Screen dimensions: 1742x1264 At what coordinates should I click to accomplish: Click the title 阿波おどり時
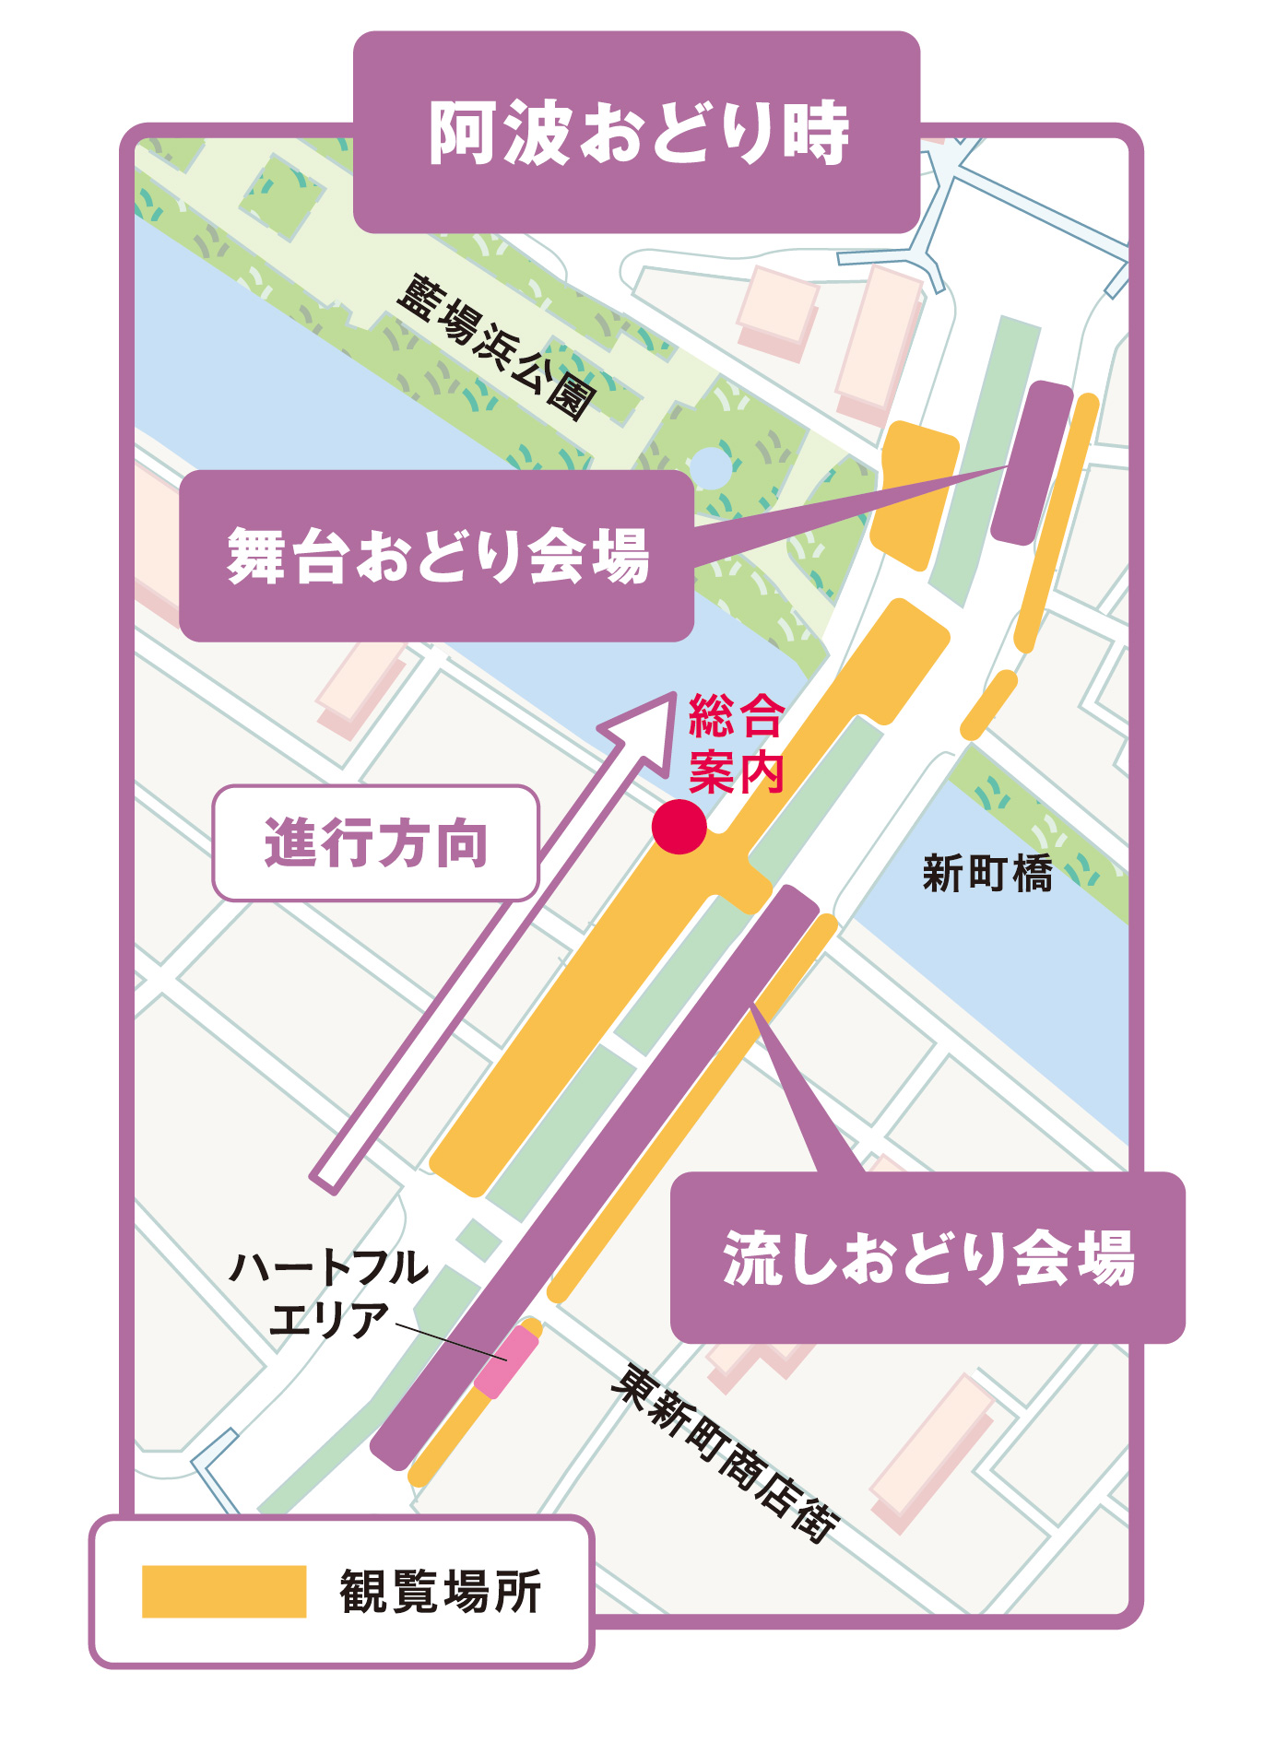[638, 133]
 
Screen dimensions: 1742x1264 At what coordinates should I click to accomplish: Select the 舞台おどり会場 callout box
[437, 556]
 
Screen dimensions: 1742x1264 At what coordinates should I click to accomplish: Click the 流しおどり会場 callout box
[927, 1257]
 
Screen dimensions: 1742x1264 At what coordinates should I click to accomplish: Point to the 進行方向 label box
[375, 842]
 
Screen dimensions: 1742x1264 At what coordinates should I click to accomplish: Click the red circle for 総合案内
[679, 827]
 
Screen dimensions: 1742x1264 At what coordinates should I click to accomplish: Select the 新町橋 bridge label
[987, 873]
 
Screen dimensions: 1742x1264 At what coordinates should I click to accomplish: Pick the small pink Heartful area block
[506, 1361]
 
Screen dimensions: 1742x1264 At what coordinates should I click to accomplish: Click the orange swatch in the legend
[224, 1592]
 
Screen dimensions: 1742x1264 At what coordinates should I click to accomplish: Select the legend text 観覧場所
[441, 1592]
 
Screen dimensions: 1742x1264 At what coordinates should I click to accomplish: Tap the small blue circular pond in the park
[710, 467]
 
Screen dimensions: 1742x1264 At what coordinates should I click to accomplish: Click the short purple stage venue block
[1032, 463]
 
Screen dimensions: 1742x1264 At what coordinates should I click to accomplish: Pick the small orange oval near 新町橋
[988, 705]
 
